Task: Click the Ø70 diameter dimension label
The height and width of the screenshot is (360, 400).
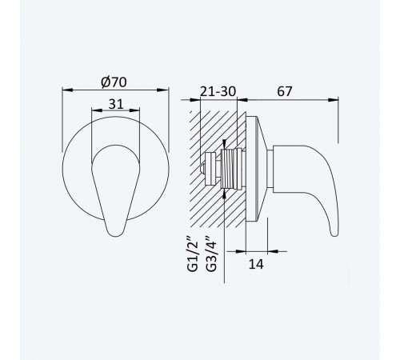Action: pyautogui.click(x=114, y=82)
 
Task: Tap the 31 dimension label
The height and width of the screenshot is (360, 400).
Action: pyautogui.click(x=116, y=104)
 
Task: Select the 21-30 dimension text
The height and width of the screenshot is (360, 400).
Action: pyautogui.click(x=218, y=91)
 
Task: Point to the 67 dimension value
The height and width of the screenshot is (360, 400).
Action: pyautogui.click(x=285, y=91)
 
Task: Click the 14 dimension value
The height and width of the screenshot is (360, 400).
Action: pyautogui.click(x=256, y=264)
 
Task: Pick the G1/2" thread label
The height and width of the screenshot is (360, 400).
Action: pyautogui.click(x=193, y=254)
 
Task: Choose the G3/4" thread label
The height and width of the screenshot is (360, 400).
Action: pyautogui.click(x=211, y=254)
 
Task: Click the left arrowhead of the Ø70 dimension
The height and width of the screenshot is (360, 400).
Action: pyautogui.click(x=67, y=90)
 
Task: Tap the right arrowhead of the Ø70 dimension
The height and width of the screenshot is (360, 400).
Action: pyautogui.click(x=163, y=90)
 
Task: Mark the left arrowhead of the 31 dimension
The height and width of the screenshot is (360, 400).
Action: pyautogui.click(x=97, y=110)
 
